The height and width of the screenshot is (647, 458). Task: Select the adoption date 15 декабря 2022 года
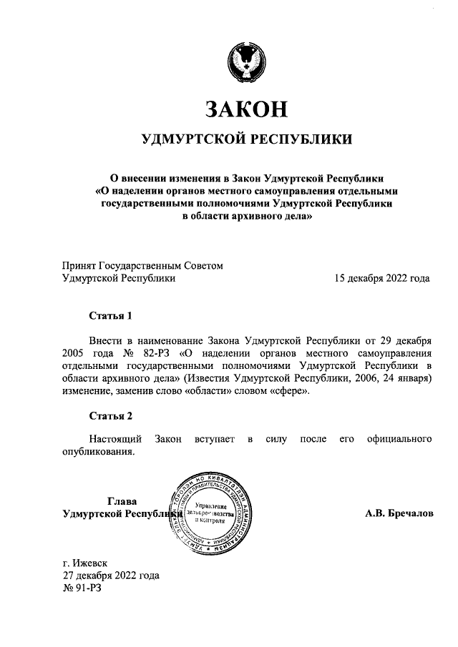coord(382,279)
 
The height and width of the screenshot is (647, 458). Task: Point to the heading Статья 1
coord(111,315)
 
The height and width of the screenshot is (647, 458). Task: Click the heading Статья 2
coord(111,415)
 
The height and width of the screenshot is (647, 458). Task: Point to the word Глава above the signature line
coord(121,500)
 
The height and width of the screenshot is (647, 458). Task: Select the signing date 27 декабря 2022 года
coord(111,576)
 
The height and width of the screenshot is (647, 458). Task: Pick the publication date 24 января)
coord(404,377)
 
